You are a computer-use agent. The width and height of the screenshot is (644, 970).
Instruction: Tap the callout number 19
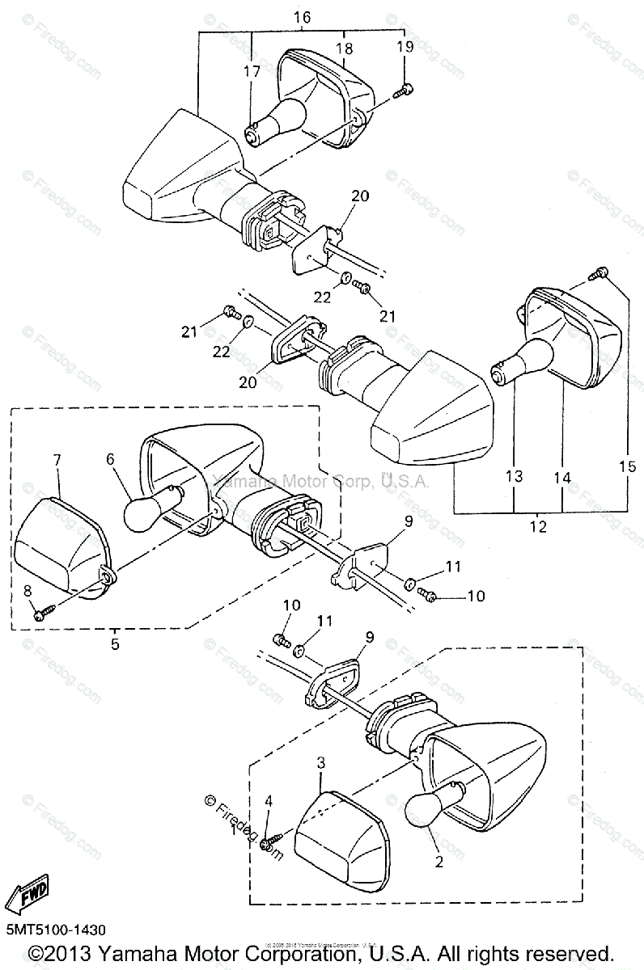coord(405,48)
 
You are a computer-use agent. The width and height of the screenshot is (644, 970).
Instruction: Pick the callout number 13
coord(515,476)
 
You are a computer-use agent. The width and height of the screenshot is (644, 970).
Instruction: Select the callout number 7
coord(57,460)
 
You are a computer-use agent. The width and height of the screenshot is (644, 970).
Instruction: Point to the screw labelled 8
coord(40,614)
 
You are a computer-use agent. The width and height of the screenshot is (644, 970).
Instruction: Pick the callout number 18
coord(345,48)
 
